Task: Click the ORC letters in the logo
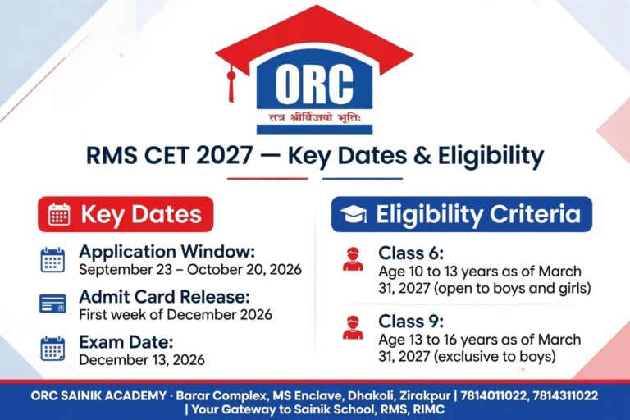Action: pos(314,84)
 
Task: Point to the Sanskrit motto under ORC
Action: pos(316,118)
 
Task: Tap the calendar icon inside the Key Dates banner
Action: pos(59,214)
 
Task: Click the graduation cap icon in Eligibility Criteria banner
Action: pos(354,214)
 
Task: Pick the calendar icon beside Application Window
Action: pos(52,260)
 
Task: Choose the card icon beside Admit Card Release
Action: pos(52,304)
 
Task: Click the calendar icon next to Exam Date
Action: pos(52,349)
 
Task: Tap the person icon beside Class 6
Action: pos(354,258)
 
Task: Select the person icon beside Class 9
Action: pos(354,327)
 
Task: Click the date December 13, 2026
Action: pos(142,360)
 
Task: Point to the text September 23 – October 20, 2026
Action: pos(190,269)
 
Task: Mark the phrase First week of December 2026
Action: pos(176,314)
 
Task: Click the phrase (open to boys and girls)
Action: pos(512,288)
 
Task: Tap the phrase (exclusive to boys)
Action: pos(495,356)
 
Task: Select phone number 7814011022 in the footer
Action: pos(493,396)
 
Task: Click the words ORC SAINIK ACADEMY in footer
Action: pos(98,396)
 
